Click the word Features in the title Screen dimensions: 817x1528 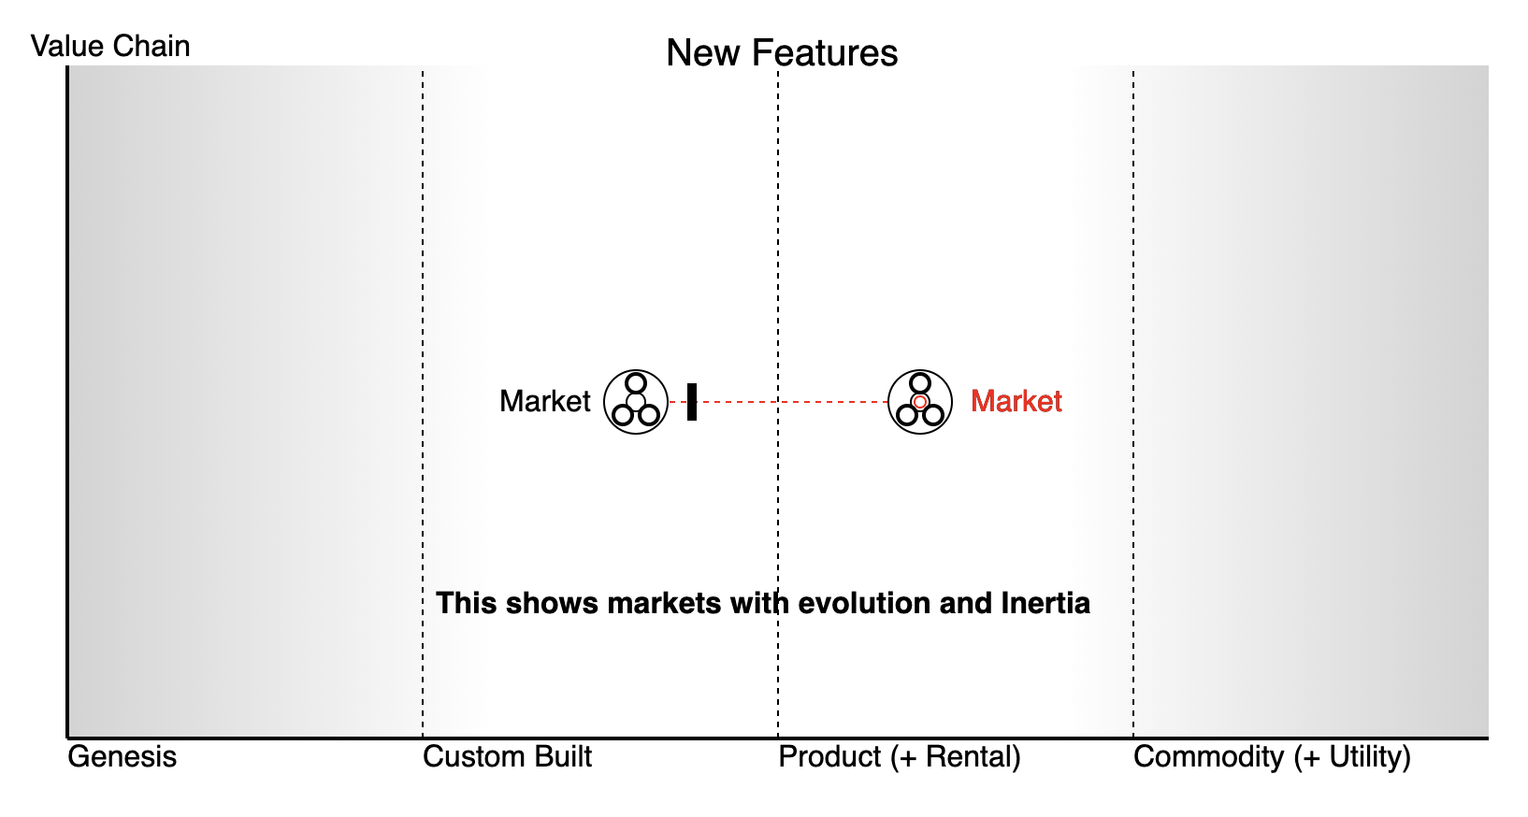tap(837, 53)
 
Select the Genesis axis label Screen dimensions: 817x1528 tap(122, 756)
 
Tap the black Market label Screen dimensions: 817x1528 tap(544, 401)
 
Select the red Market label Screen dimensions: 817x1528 tap(1016, 401)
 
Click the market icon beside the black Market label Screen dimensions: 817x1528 tap(636, 402)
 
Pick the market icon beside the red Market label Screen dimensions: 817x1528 tap(920, 402)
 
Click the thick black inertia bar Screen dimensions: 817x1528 tap(692, 402)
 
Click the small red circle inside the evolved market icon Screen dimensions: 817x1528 tap(920, 402)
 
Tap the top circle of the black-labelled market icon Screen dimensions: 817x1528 tap(636, 383)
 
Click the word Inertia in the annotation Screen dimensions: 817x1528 tap(1045, 603)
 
